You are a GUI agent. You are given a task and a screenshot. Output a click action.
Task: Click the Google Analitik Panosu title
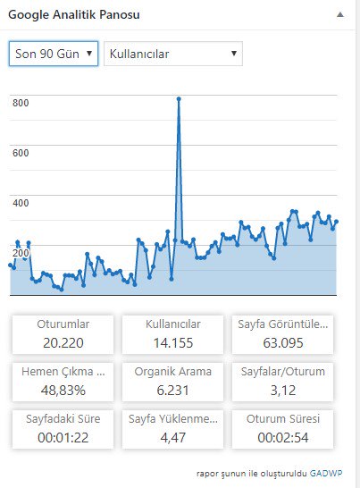[74, 14]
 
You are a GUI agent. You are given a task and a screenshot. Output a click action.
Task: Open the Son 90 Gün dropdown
[54, 54]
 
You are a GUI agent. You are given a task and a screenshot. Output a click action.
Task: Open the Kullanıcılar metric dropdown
[173, 54]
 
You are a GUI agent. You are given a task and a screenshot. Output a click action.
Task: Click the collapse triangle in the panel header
[340, 14]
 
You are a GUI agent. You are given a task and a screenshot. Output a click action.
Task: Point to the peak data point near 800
[179, 99]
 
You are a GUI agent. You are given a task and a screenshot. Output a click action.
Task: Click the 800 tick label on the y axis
[21, 103]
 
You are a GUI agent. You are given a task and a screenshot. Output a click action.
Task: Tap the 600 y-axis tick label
[21, 153]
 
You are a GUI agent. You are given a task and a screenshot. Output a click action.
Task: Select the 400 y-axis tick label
[21, 203]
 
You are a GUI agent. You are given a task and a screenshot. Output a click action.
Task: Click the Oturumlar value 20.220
[63, 343]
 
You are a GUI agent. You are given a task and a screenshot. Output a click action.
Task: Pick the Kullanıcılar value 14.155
[173, 343]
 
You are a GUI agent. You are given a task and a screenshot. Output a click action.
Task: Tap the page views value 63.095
[283, 343]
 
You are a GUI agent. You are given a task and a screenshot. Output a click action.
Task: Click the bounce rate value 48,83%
[63, 391]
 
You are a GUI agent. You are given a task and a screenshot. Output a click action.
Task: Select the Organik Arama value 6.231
[173, 391]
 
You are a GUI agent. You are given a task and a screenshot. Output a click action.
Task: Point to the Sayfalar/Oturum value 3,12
[283, 391]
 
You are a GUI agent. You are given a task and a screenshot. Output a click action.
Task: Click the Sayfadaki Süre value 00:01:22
[63, 438]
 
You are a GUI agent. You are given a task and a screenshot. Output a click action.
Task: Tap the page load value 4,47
[173, 438]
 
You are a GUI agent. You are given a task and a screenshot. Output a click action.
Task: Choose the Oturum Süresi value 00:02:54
[283, 438]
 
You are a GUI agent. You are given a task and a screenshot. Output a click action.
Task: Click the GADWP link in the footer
[326, 474]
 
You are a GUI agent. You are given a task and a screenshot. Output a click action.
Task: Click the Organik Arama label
[173, 371]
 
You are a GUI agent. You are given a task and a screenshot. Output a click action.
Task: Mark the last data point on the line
[336, 222]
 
